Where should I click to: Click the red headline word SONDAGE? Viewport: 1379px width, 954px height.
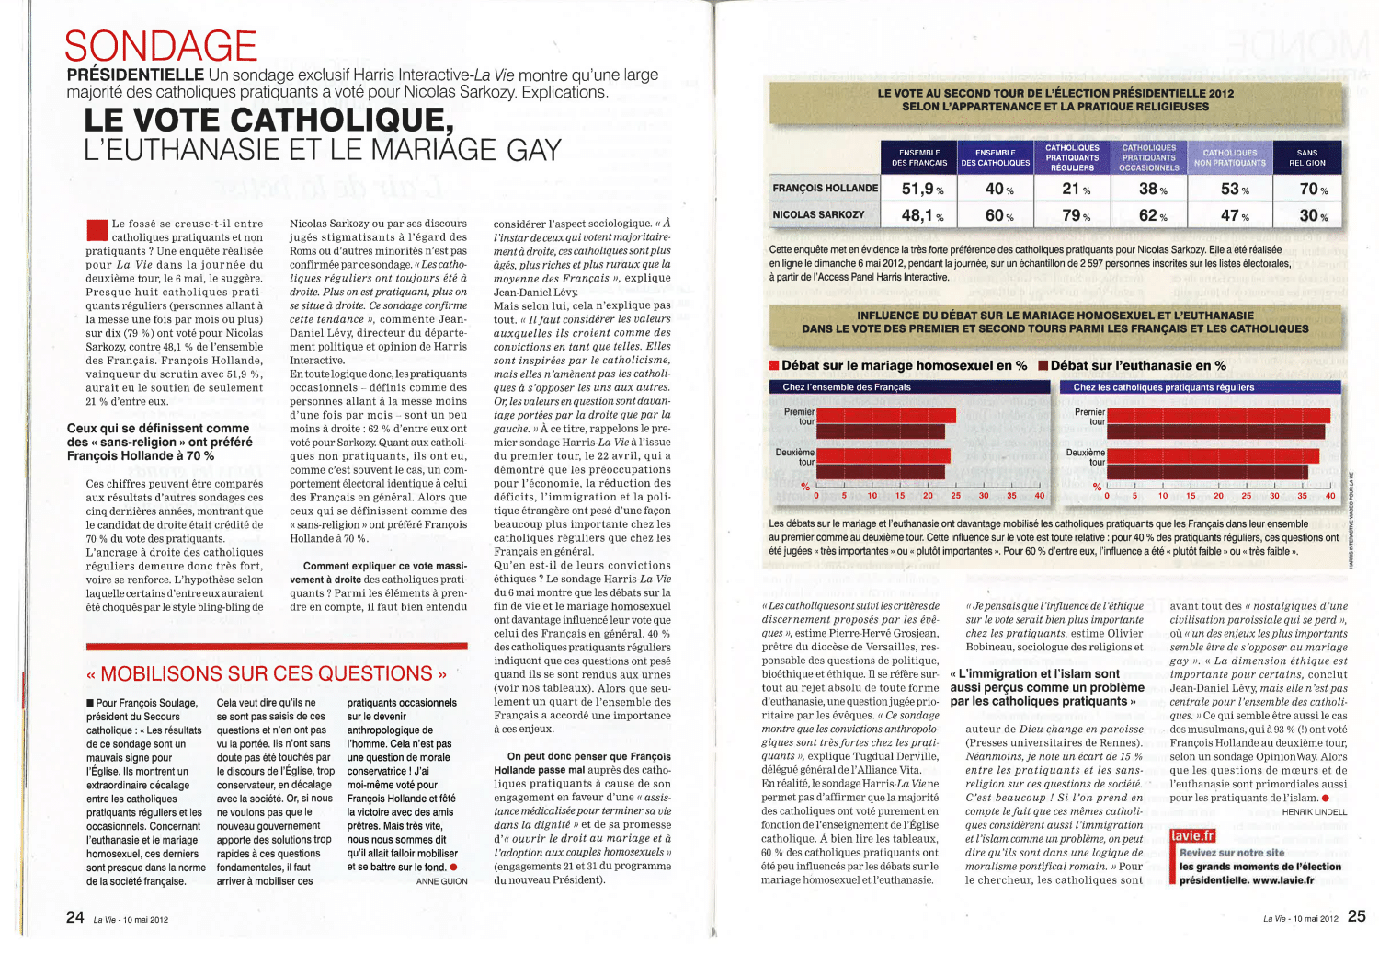pos(161,46)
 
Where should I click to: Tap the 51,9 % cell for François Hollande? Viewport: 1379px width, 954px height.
pos(922,189)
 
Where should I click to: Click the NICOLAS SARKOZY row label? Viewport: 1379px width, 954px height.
pos(818,214)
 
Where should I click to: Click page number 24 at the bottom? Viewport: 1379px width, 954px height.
pos(75,916)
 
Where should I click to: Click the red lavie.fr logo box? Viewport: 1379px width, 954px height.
pos(1193,836)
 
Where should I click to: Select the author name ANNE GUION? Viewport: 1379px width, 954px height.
pos(442,881)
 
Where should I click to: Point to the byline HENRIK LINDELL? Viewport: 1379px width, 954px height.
pos(1315,812)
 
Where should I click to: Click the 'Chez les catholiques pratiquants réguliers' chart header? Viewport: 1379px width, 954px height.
pos(1163,387)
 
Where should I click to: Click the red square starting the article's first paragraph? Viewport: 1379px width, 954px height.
pos(97,229)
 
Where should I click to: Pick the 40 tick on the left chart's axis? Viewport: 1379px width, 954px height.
pos(1040,496)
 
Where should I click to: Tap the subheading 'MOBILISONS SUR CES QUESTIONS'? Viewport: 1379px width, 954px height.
pos(267,673)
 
